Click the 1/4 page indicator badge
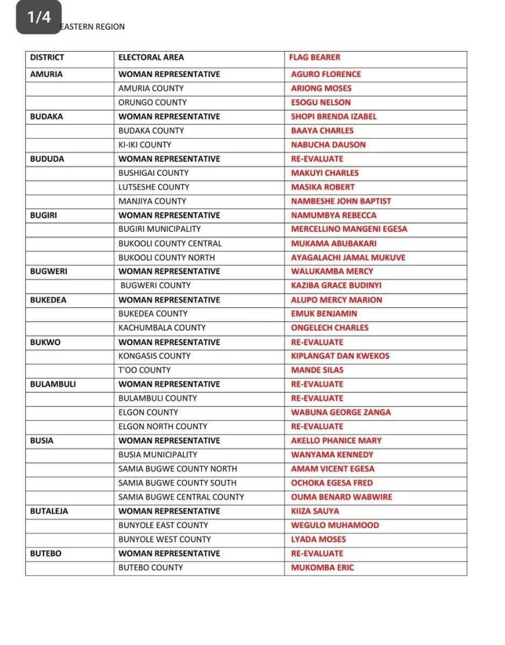point(38,18)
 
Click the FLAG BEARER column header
point(315,57)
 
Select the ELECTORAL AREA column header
point(151,57)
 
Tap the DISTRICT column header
point(47,57)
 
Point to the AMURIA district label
point(46,74)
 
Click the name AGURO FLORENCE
point(326,74)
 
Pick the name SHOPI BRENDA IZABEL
point(334,117)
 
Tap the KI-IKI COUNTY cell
point(145,145)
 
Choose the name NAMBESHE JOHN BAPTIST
point(341,201)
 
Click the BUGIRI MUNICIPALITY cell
point(160,229)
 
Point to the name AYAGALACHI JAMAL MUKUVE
point(348,258)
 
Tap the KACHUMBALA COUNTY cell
point(162,328)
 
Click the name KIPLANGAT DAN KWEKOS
point(340,356)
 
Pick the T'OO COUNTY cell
point(144,370)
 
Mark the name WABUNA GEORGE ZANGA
point(341,413)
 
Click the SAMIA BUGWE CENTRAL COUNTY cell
point(181,497)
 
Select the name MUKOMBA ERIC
point(323,568)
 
